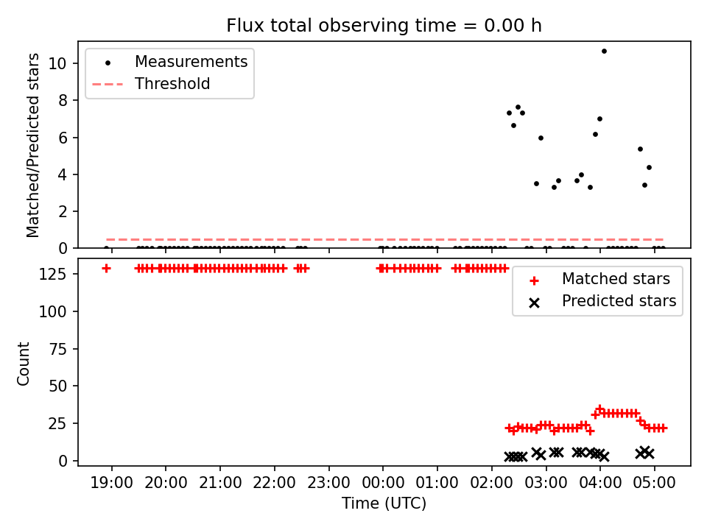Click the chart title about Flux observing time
[384, 25]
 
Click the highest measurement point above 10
[604, 51]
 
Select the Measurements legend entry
[169, 62]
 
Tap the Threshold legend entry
[151, 84]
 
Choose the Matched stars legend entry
[599, 279]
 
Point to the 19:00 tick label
[112, 483]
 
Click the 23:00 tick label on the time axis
[328, 483]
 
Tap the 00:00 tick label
[383, 483]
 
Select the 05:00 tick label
[654, 483]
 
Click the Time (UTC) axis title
[384, 503]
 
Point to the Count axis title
[23, 364]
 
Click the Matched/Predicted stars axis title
[32, 145]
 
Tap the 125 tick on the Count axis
[53, 274]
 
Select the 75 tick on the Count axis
[57, 349]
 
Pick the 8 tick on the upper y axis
[63, 100]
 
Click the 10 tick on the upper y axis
[57, 63]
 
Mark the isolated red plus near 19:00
[106, 269]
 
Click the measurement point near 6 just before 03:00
[541, 138]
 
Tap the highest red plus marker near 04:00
[599, 409]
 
